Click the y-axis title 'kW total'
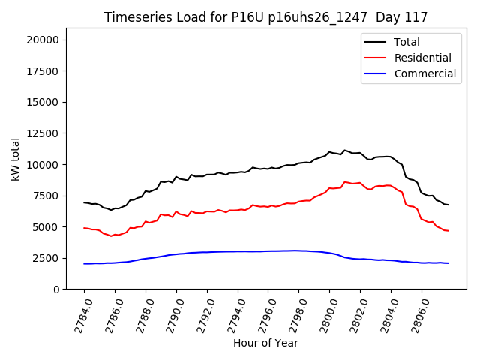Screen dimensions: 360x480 coord(16,159)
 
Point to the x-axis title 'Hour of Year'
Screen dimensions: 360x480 coord(265,343)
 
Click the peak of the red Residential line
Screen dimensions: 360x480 coord(345,181)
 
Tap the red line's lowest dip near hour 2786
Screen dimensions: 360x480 coord(111,236)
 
